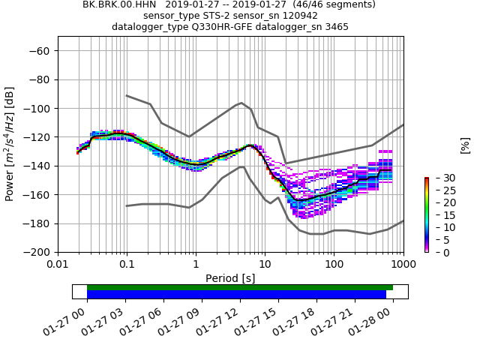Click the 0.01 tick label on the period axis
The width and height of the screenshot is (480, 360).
point(58,265)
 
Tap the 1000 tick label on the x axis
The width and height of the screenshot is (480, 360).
point(403,265)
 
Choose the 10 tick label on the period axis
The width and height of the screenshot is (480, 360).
point(265,265)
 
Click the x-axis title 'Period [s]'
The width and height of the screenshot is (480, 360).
point(230,278)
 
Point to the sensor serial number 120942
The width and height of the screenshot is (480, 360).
point(298,16)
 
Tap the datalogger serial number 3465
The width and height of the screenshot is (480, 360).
point(335,27)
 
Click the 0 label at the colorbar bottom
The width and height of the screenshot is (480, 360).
point(436,252)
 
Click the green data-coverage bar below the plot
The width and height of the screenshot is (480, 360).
point(240,287)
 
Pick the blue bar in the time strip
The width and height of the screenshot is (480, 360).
point(236,295)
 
